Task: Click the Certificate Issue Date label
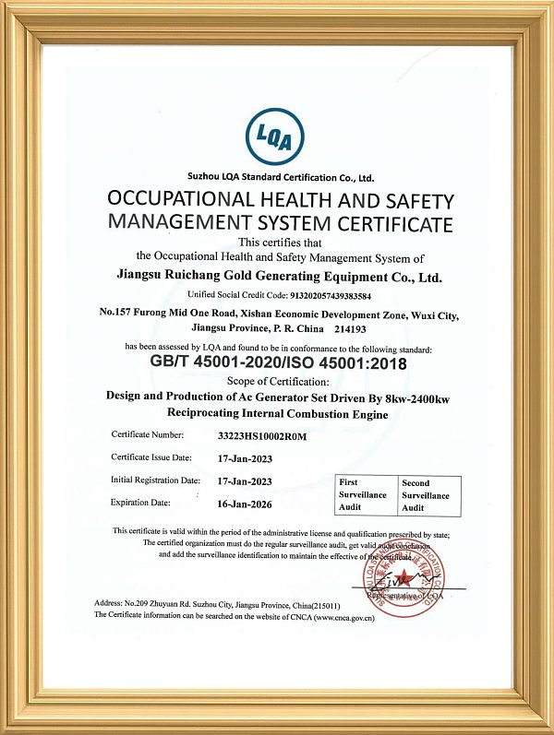click(151, 457)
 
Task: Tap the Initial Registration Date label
click(155, 480)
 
